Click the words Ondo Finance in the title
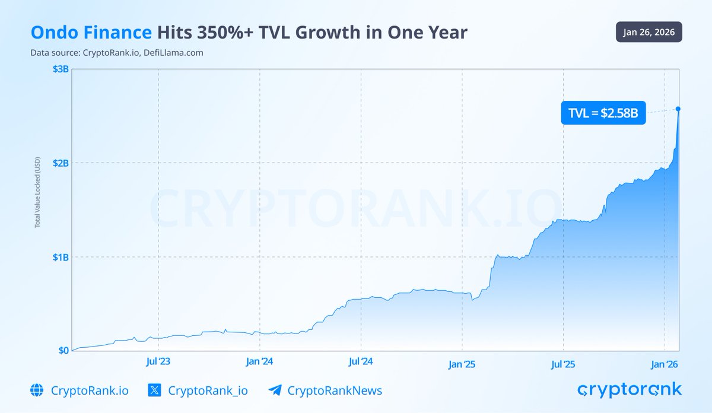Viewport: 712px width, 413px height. click(91, 33)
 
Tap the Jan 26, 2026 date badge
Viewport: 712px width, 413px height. click(649, 32)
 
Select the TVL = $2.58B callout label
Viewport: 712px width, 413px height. click(603, 113)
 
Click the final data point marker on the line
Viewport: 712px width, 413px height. click(678, 109)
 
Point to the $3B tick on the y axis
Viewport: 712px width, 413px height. click(61, 69)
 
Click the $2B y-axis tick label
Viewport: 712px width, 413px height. click(61, 163)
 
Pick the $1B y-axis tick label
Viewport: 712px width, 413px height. click(61, 257)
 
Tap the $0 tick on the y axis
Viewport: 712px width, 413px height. click(63, 350)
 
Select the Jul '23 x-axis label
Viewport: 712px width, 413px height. click(158, 361)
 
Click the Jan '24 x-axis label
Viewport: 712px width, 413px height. click(259, 361)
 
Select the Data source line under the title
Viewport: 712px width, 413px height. click(117, 52)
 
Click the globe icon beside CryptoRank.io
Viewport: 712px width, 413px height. click(37, 390)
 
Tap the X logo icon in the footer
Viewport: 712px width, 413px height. click(154, 390)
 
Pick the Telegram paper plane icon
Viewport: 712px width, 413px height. click(275, 390)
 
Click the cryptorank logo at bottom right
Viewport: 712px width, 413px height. click(630, 390)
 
